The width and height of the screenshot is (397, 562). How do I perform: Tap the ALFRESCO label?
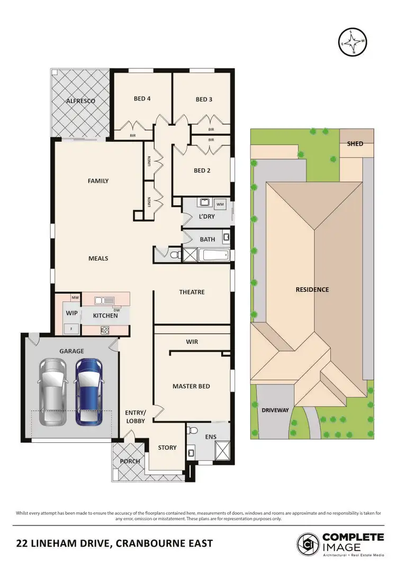80,101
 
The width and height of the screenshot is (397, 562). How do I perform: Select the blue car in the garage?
89,392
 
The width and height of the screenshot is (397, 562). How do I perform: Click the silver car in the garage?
53,392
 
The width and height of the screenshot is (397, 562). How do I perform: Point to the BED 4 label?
142,99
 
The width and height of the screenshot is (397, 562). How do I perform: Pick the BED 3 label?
204,99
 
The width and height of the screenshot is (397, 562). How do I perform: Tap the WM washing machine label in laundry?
220,203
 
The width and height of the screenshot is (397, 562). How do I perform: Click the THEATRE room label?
192,292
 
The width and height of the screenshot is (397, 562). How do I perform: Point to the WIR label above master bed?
192,342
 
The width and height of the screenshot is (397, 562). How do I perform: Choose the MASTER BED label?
191,386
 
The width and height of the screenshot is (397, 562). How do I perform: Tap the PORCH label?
130,461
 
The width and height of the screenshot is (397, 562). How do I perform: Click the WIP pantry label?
71,313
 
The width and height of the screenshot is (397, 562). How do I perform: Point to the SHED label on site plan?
355,144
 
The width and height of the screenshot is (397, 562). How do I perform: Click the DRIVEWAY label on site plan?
274,410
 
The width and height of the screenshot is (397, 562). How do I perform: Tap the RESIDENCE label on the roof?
312,289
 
